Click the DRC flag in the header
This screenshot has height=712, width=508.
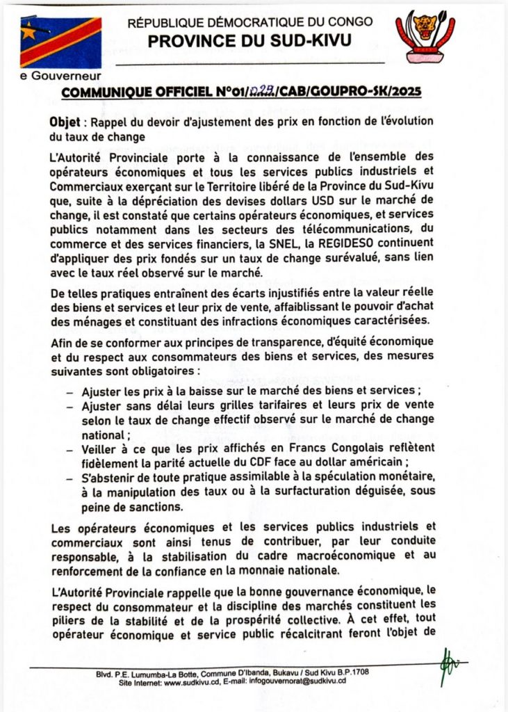coord(60,41)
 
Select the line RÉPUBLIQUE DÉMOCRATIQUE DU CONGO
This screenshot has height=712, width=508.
coord(249,22)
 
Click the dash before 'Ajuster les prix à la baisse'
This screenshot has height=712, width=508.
coord(69,391)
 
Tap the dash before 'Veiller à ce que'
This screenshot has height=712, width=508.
coord(69,450)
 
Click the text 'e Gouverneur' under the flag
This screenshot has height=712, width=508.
coord(61,76)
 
